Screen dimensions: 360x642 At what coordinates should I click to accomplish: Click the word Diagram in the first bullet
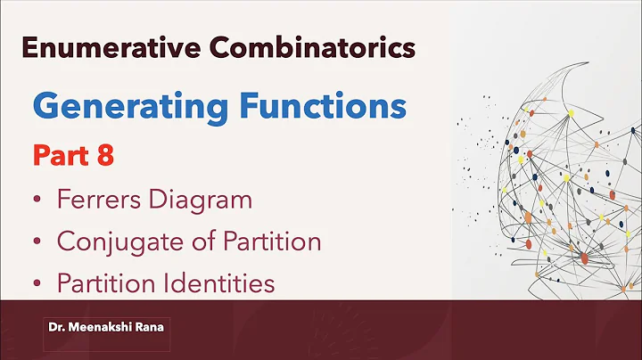coord(202,200)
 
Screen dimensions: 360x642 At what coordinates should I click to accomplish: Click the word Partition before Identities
coord(108,283)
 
